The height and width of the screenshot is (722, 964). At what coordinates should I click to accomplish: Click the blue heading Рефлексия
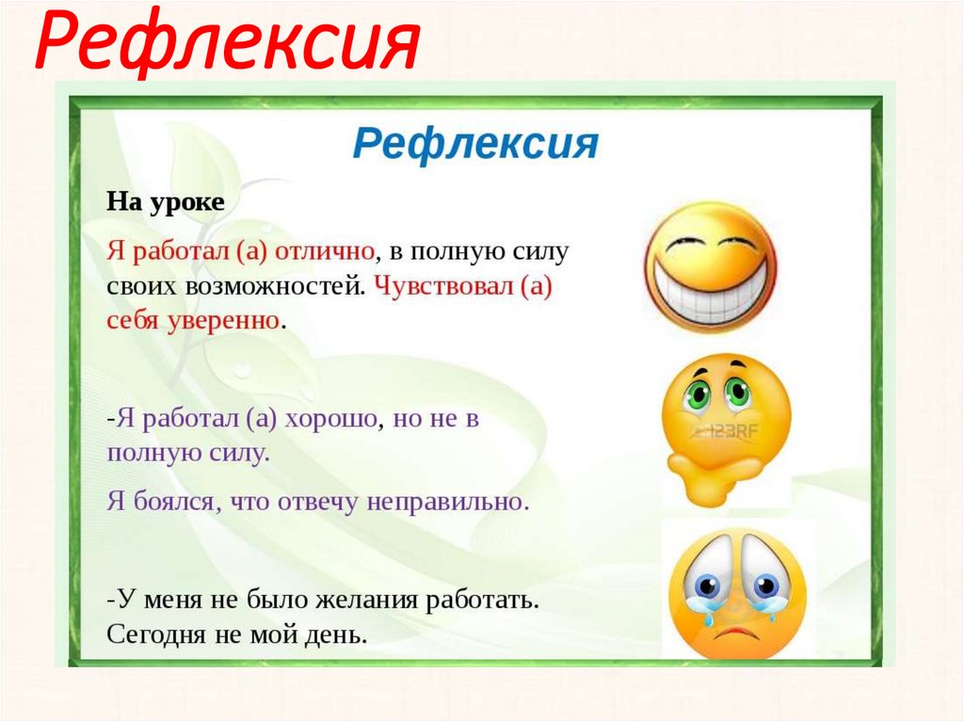pos(476,145)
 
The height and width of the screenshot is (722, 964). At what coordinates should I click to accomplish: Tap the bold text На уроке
pos(166,202)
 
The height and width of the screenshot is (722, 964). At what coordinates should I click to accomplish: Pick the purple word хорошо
pos(329,419)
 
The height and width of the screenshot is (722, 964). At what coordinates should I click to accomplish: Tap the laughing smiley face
pos(711,267)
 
